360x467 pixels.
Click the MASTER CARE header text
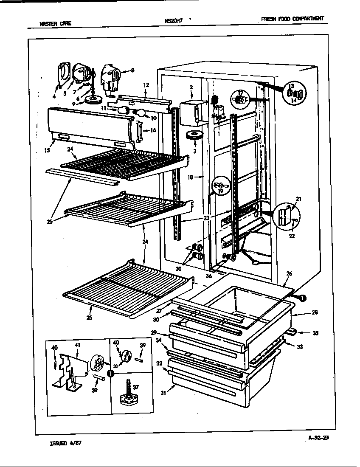tap(52, 24)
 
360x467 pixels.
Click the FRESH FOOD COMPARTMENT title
tap(292, 19)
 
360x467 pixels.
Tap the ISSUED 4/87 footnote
tap(62, 442)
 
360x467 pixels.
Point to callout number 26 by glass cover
tap(289, 274)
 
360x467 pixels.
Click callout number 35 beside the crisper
tap(315, 333)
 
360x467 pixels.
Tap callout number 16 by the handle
tap(153, 130)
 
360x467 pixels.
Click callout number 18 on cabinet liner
tap(191, 177)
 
